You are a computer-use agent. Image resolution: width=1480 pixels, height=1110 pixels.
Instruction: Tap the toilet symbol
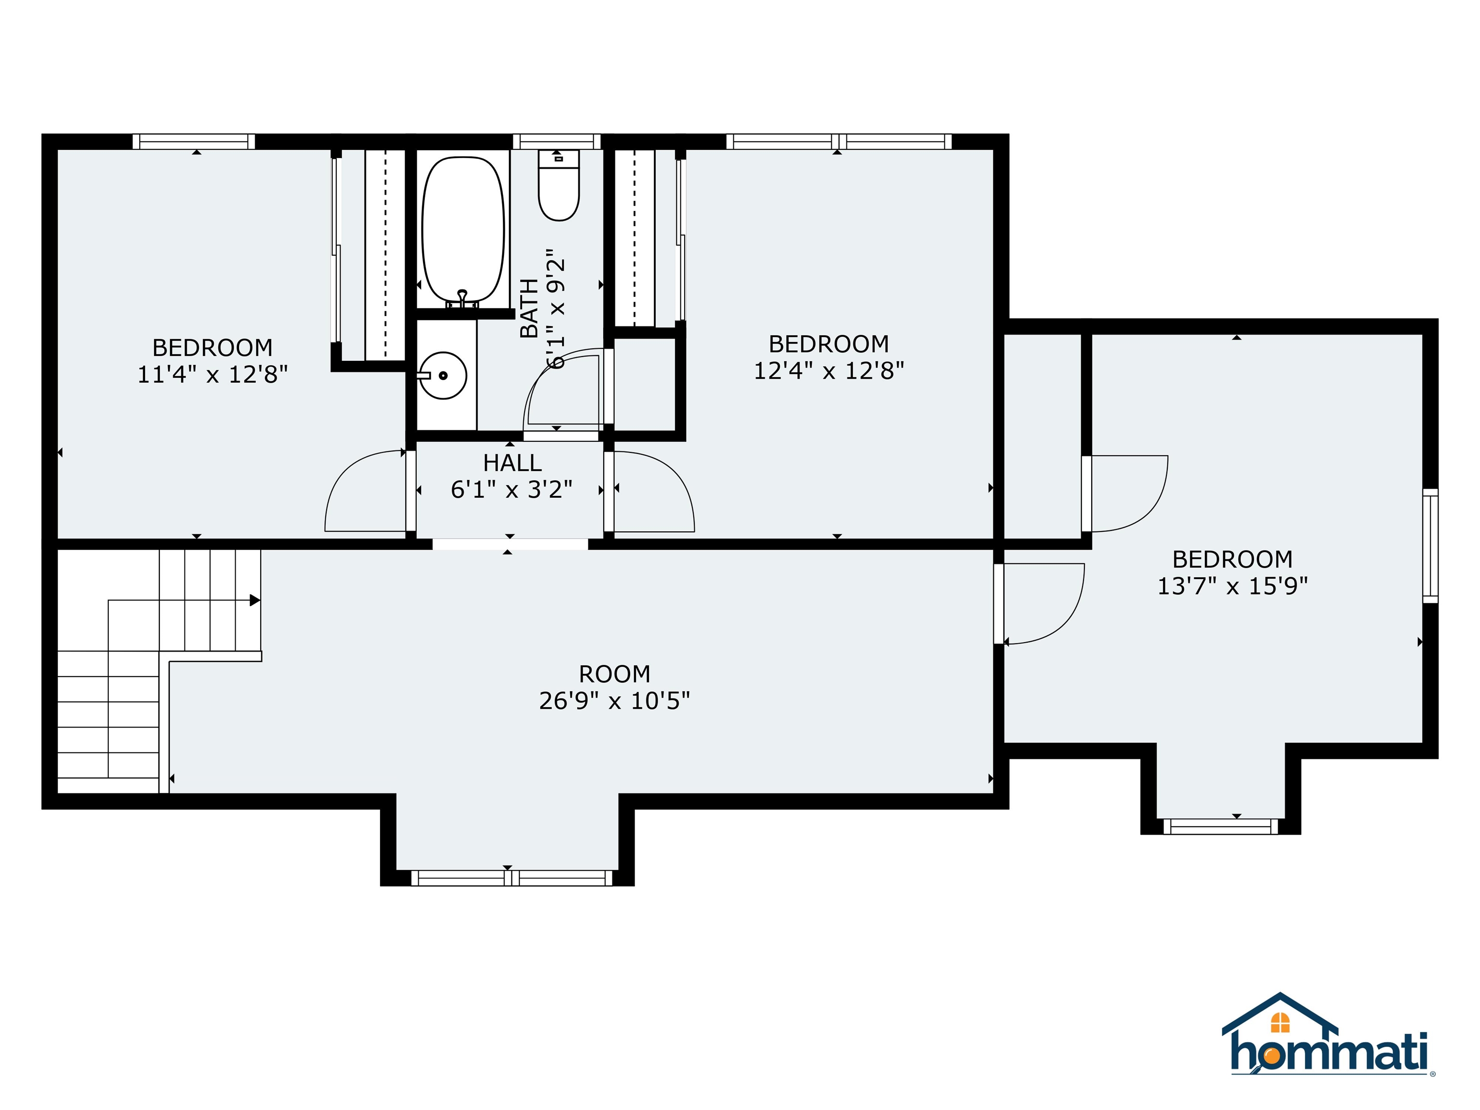tap(559, 187)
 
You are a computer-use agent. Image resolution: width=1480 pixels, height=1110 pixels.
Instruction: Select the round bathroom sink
tap(443, 376)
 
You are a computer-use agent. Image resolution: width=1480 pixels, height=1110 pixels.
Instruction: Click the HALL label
tap(512, 463)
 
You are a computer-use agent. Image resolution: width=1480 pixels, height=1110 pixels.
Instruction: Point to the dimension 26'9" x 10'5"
tap(614, 700)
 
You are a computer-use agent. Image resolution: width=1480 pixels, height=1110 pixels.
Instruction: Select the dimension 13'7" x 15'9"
tap(1232, 586)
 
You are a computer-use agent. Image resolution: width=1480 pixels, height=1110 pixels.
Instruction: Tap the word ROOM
tap(614, 674)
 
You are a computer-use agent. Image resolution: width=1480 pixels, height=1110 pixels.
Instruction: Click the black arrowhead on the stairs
tap(255, 600)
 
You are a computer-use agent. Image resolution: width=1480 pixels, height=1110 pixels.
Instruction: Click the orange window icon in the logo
tap(1280, 1022)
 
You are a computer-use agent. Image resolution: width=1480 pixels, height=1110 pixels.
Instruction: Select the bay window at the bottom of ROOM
tap(511, 878)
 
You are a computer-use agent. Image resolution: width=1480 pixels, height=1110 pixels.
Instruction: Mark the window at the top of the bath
tap(556, 141)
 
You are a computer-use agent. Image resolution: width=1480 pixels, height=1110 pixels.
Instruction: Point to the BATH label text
tap(529, 308)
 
